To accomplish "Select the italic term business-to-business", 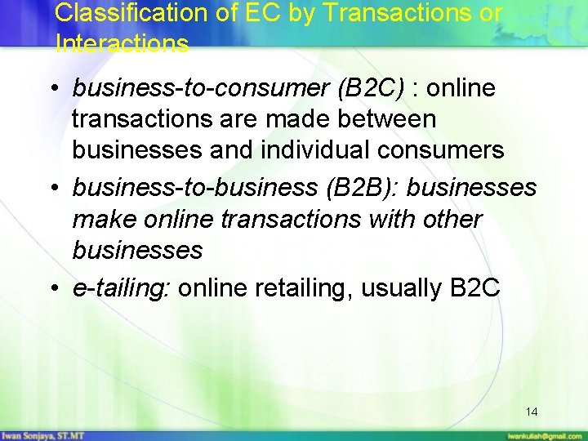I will (x=194, y=188).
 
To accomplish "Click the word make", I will (x=102, y=219).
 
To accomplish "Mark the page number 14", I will (x=532, y=411).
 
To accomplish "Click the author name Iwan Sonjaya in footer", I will (x=34, y=434).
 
